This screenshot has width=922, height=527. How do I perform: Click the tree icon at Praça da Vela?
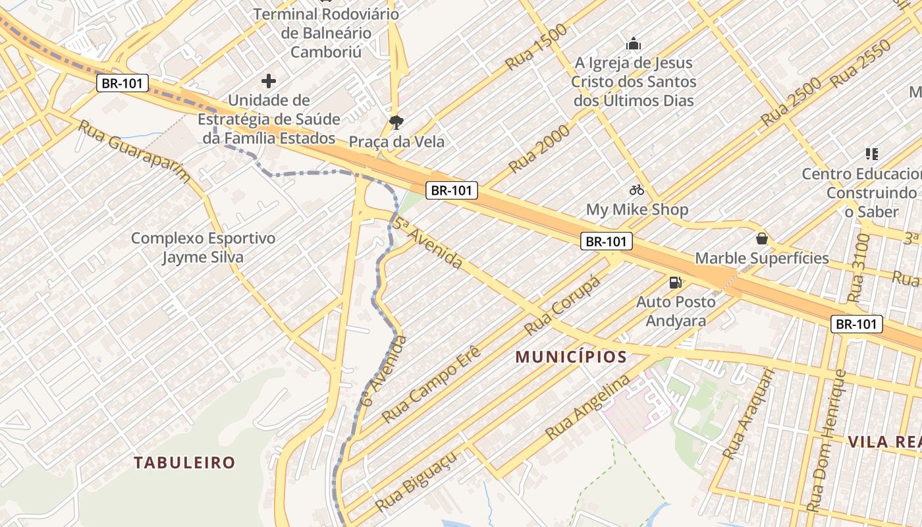pos(396,122)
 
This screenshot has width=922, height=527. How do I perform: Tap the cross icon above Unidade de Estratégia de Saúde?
pos(269,81)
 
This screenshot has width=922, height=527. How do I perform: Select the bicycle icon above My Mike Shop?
pos(637,190)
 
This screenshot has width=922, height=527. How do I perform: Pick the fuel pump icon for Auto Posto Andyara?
pos(675,283)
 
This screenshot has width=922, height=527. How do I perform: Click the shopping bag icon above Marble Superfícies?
pos(762,238)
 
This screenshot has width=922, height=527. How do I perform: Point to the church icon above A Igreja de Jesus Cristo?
pos(634,44)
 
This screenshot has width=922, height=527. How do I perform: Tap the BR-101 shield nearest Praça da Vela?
pos(451,190)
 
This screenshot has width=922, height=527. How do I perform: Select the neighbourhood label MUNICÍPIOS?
pos(570,357)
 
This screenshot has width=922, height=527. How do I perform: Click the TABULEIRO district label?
pos(184,462)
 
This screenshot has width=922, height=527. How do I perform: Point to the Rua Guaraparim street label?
pos(135,151)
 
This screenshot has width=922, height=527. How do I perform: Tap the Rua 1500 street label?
pos(537,47)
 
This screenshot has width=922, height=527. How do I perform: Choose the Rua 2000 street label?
pos(539,148)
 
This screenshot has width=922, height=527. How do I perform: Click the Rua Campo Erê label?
pos(432,383)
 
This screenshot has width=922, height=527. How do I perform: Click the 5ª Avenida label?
pos(429,242)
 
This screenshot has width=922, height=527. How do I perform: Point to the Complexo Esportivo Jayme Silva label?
pos(203,248)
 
